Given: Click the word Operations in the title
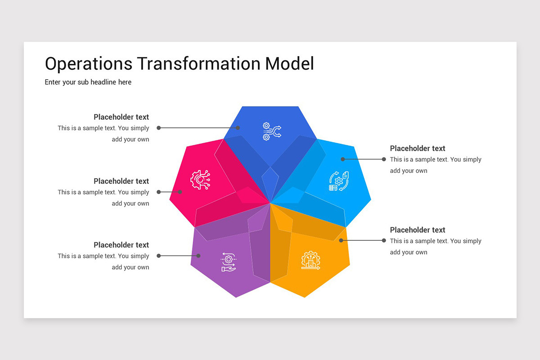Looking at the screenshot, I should click(x=89, y=63).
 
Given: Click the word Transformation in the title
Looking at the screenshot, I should click(x=198, y=63).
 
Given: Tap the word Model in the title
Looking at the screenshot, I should click(x=289, y=63).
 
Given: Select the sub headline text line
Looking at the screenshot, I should click(x=88, y=82).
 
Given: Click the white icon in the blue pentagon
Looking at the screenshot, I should click(x=271, y=131).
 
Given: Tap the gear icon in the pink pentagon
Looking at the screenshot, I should click(x=200, y=180).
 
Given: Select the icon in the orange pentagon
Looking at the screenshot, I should click(x=310, y=260).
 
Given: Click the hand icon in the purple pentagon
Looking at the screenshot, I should click(x=229, y=262).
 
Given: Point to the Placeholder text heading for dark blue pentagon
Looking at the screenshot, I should click(x=121, y=117).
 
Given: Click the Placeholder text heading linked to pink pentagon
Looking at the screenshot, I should click(x=121, y=181).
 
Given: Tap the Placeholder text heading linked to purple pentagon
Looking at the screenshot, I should click(x=121, y=245).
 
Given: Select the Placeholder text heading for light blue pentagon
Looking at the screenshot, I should click(x=418, y=148).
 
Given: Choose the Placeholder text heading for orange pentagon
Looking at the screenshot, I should click(x=418, y=230).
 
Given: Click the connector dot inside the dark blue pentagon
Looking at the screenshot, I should click(x=238, y=128).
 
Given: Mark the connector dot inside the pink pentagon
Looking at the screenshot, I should click(x=180, y=192).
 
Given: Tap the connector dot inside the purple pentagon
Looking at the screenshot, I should click(x=198, y=256).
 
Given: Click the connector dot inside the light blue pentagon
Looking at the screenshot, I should click(x=342, y=159).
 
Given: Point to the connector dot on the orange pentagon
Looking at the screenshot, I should click(x=341, y=241).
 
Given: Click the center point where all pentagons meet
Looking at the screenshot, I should click(x=270, y=203).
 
